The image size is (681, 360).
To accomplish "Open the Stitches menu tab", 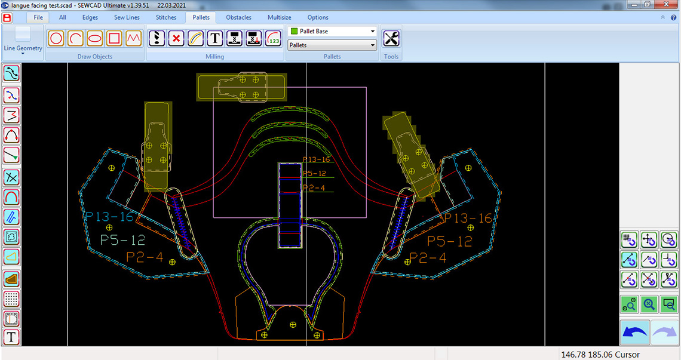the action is point(166,17).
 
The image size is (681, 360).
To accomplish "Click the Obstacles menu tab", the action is point(238,17).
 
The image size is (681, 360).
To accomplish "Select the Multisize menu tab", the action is point(279,17).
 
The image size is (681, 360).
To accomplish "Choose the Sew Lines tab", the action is point(127,17).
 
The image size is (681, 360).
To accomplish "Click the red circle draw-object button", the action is point(56,38).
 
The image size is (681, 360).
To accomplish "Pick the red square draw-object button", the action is point(114,38).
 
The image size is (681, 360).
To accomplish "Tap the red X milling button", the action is point(176,38).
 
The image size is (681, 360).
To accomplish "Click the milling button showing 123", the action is point(274,38).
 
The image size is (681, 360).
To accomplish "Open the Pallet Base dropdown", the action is point(332,31).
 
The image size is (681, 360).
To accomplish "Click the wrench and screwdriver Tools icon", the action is point(391,38).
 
